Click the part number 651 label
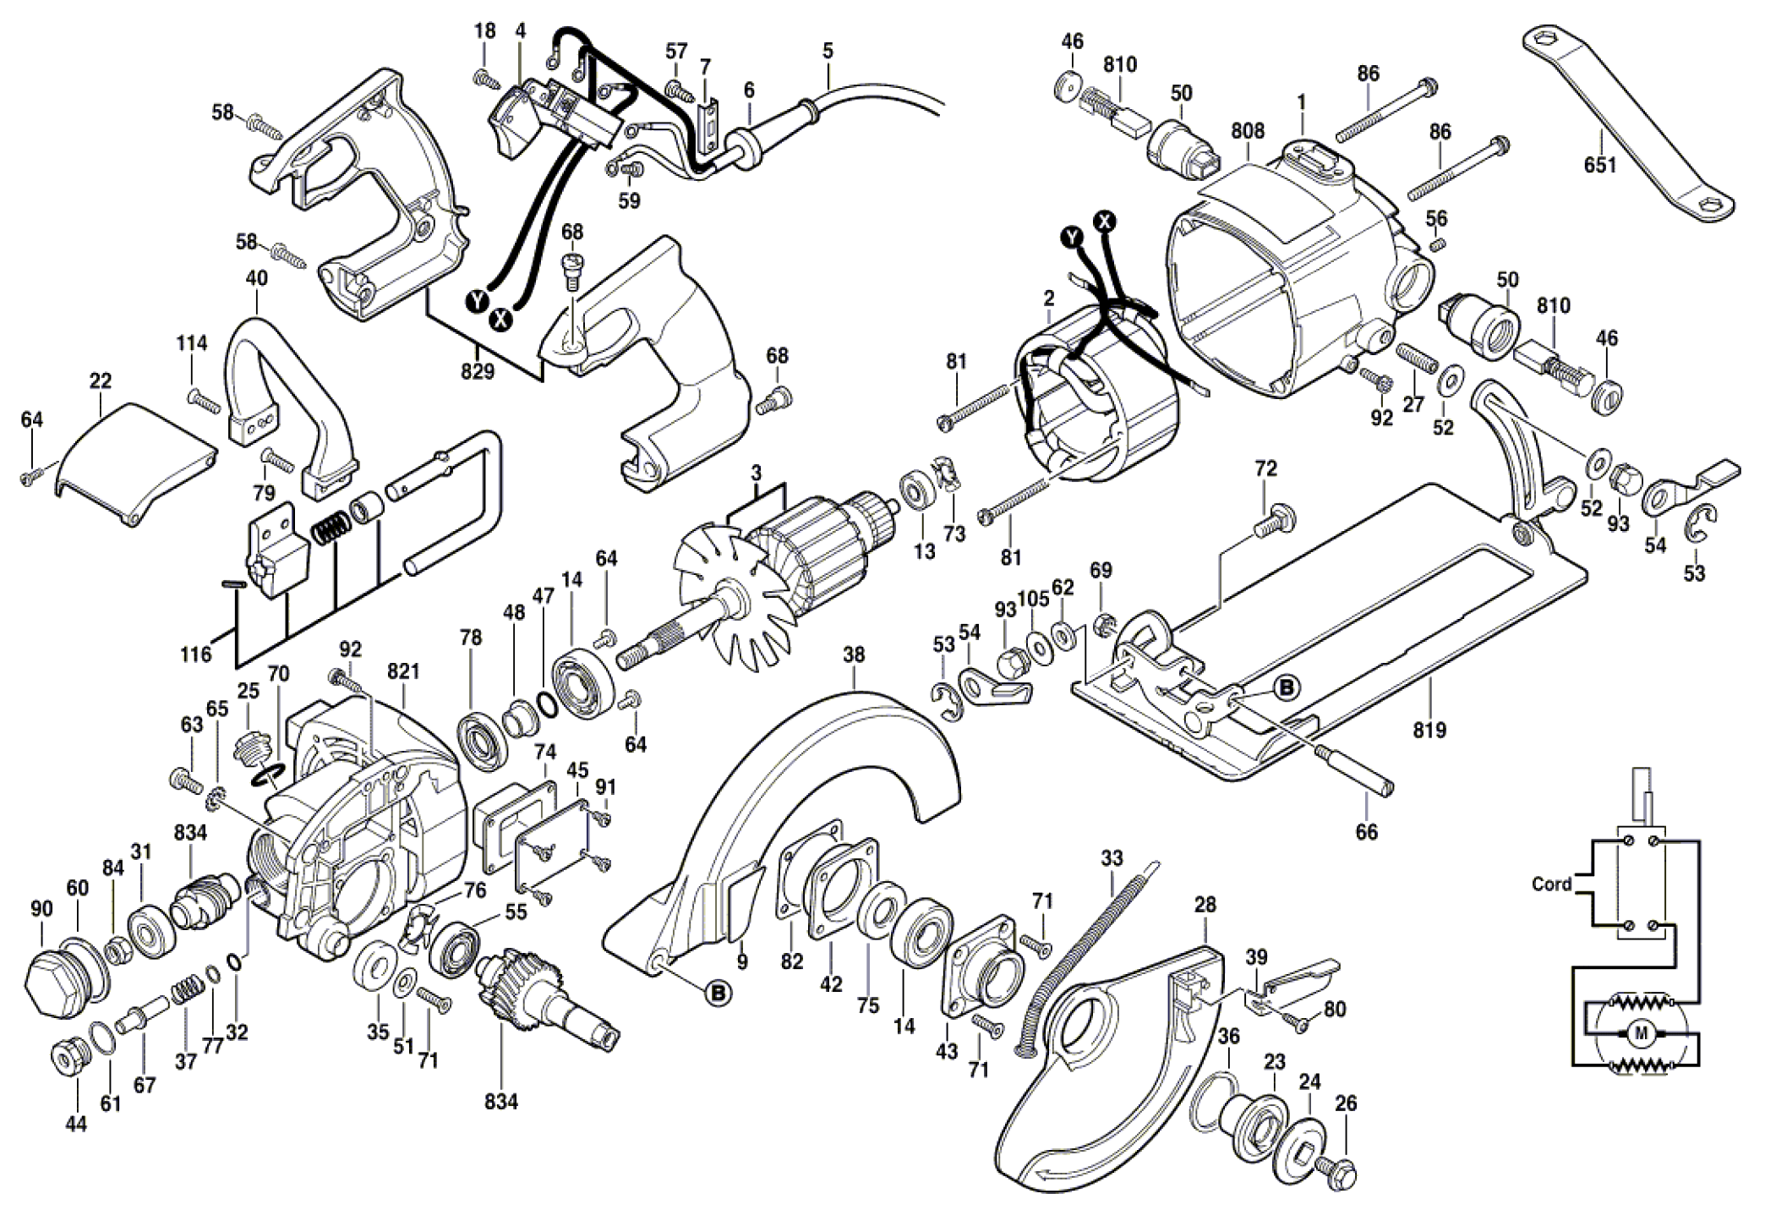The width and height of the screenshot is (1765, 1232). point(1599,164)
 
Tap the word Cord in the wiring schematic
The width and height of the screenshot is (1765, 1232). point(1551,884)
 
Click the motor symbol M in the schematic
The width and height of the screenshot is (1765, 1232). point(1642,1033)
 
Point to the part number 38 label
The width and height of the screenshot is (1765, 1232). point(854,654)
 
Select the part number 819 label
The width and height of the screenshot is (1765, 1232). point(1429,729)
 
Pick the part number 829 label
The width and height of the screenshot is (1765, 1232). point(478,370)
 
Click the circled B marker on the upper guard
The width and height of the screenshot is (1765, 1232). point(719,993)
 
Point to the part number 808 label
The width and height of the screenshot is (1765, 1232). point(1248,131)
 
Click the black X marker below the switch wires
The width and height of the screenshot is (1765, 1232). point(502,319)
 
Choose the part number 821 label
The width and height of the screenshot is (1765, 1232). point(404,671)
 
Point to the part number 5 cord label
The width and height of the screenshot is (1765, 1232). point(827,50)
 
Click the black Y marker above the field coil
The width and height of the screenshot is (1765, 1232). point(1073,237)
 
